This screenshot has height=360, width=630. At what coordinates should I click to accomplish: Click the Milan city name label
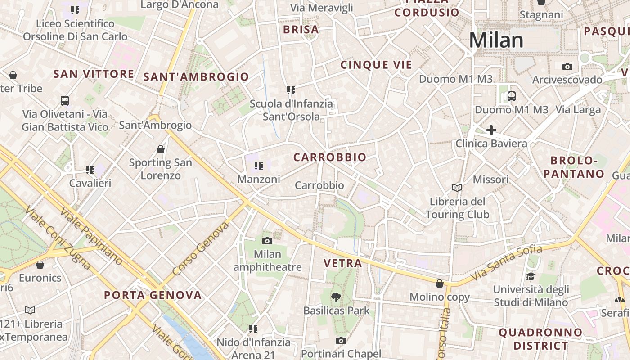496,40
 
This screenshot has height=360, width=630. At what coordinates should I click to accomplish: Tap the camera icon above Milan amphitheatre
267,241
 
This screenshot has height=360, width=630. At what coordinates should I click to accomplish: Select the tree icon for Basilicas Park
336,297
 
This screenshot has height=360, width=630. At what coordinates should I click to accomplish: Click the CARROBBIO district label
330,157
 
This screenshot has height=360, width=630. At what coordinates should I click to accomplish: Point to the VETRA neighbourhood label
343,263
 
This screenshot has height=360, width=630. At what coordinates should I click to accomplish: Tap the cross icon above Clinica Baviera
491,130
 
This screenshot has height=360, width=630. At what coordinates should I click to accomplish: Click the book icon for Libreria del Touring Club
457,188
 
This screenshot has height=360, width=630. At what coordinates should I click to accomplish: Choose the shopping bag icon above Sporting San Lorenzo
161,149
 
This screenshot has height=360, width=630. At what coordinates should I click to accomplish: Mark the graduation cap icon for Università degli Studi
531,276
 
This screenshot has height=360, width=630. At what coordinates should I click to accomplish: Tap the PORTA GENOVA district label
153,295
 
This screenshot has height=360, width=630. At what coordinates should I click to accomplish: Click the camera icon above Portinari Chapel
341,341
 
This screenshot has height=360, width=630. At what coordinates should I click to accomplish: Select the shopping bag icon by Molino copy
440,283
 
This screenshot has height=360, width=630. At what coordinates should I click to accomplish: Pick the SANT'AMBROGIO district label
196,77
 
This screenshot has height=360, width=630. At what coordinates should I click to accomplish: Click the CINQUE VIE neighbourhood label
376,65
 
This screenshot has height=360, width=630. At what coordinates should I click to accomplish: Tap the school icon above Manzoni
258,166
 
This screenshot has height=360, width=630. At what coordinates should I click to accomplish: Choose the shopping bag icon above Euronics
40,265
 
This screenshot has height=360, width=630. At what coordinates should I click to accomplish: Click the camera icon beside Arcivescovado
567,67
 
